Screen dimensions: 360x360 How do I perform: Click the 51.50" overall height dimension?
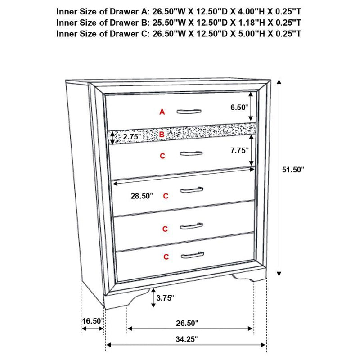tap(293, 170)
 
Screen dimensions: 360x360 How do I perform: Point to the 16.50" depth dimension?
tap(93, 321)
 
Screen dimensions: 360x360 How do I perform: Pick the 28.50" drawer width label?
tap(141, 196)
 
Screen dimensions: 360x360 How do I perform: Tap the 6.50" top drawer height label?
tap(238, 108)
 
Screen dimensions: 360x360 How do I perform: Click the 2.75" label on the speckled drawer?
tap(132, 136)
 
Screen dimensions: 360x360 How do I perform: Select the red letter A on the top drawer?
tap(162, 112)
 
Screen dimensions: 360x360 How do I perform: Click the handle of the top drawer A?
tap(189, 112)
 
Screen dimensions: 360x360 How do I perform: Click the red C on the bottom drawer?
tap(166, 257)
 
